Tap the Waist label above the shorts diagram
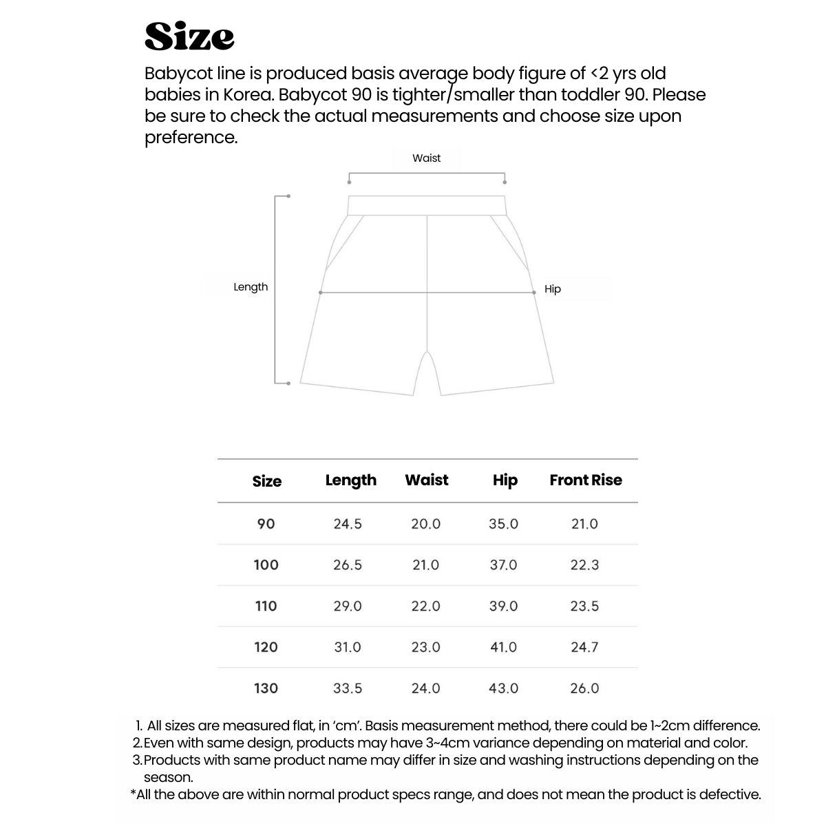[426, 158]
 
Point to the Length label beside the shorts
[251, 287]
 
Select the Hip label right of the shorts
[553, 289]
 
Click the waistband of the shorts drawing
[427, 205]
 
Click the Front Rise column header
[585, 480]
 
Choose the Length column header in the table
[350, 480]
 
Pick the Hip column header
[505, 480]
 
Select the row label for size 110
[266, 606]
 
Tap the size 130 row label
[266, 688]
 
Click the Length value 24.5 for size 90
[348, 525]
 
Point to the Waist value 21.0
[425, 565]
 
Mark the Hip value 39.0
[503, 606]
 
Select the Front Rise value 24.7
[584, 647]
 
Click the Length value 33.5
[348, 688]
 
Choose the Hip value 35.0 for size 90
[503, 525]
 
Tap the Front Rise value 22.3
[584, 565]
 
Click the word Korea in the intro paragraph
[248, 95]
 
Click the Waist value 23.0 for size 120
[425, 647]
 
